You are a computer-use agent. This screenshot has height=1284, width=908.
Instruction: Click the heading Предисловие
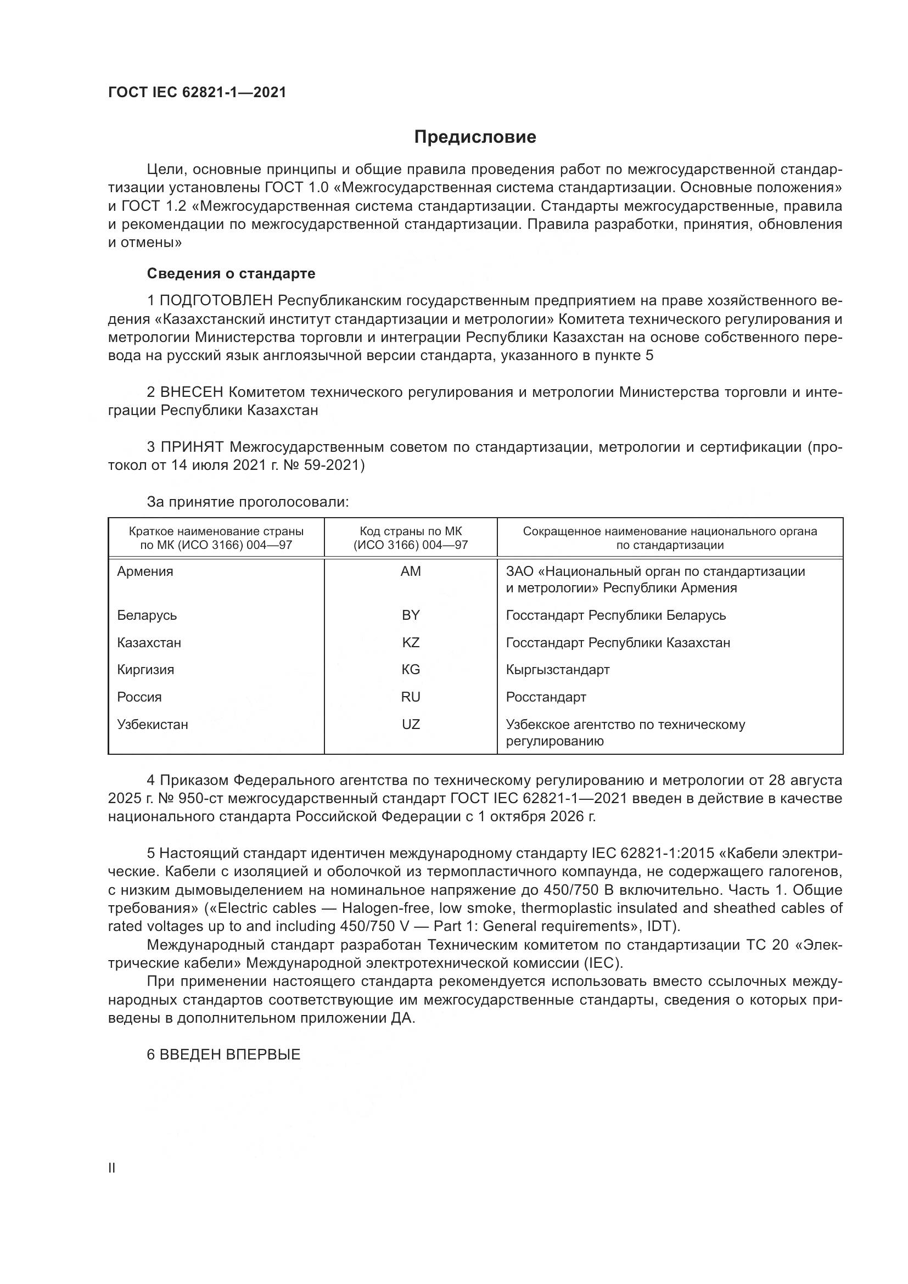tap(475, 137)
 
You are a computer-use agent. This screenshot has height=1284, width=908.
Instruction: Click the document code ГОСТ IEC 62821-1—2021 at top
tap(197, 92)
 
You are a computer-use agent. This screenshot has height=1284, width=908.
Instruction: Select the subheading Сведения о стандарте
tap(231, 273)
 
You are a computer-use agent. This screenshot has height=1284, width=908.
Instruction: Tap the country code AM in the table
tap(411, 571)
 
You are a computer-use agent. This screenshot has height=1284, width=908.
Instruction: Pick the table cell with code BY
tap(411, 615)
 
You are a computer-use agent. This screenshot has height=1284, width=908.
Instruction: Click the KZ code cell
tap(411, 643)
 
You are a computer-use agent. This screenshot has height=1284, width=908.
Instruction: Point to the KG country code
tap(411, 669)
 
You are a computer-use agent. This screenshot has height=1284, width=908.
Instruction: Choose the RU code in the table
tap(411, 697)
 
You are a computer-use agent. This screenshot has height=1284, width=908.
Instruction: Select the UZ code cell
tap(411, 724)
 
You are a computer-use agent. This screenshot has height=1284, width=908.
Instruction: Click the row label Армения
tap(145, 571)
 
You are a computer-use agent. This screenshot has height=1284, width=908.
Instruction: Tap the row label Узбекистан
tap(152, 724)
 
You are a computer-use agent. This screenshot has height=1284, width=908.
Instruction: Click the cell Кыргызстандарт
tap(557, 669)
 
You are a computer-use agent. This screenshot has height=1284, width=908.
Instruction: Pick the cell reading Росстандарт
tap(546, 697)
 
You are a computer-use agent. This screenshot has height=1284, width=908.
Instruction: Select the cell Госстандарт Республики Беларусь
tap(615, 615)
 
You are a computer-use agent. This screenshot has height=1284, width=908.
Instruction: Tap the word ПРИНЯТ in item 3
tap(192, 447)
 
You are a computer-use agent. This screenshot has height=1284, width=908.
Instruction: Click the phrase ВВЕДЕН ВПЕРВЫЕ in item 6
tap(230, 1055)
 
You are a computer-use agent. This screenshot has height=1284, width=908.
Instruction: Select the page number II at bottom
tap(112, 1168)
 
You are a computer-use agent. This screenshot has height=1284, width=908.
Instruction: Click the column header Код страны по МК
tap(411, 531)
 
